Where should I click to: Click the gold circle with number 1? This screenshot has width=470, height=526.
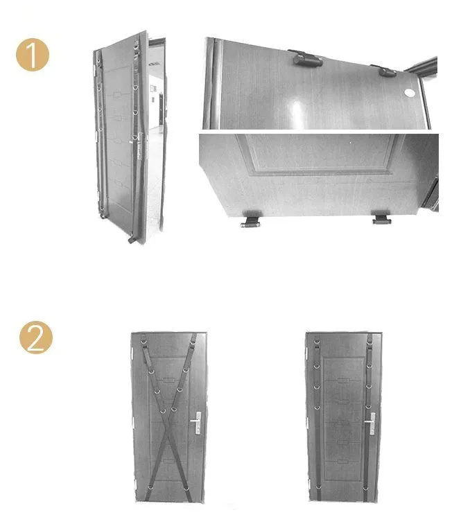coord(32,55)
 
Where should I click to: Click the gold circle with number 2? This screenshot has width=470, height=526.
coord(36,337)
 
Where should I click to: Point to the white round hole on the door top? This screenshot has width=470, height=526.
coord(410,92)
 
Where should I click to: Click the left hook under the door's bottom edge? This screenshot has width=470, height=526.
coord(251,220)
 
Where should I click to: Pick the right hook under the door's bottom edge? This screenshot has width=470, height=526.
coord(381,218)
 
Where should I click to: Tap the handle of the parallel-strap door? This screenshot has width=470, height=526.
coord(370,423)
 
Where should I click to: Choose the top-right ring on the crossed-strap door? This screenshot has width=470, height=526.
coord(193,342)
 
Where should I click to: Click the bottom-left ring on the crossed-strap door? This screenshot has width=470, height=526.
coord(150,486)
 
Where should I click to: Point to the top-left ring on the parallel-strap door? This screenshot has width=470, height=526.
coord(317,342)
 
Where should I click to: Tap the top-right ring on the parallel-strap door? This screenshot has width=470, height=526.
coord(369,342)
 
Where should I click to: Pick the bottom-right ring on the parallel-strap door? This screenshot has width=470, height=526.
coord(365,488)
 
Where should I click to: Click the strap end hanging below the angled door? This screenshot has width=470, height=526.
coord(132,240)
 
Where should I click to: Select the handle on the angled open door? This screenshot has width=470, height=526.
coord(138,146)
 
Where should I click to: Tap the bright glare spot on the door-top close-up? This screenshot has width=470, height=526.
coord(297,109)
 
